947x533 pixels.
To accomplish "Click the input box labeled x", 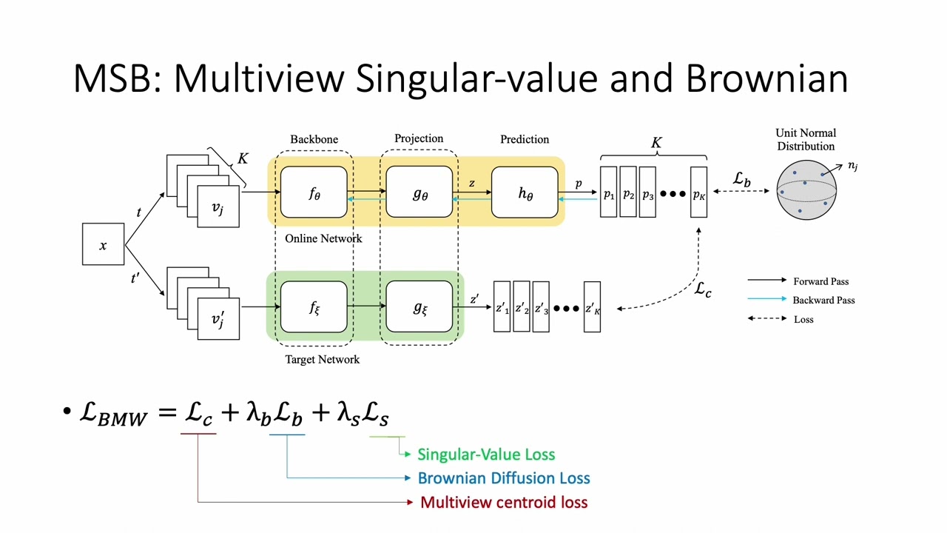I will click(x=103, y=244).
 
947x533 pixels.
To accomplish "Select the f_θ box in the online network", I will click(x=314, y=193).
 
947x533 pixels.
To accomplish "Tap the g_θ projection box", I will click(x=419, y=193).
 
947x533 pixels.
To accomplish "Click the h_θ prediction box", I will click(x=525, y=193).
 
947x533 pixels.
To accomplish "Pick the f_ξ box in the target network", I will click(x=314, y=307).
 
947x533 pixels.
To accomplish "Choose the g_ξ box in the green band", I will click(x=419, y=307).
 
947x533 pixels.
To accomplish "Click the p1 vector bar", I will click(x=608, y=193).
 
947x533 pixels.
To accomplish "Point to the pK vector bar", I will click(x=698, y=193).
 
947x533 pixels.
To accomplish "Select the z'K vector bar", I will click(x=592, y=307).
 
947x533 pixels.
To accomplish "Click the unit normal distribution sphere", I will click(x=806, y=190).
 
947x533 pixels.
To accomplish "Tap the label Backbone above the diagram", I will click(x=314, y=139).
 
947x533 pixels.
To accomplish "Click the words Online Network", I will click(x=323, y=238).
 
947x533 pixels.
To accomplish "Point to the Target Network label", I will click(x=322, y=359).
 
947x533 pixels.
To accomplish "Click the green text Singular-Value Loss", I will click(x=486, y=455).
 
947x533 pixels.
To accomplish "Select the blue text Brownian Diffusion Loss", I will click(x=504, y=478).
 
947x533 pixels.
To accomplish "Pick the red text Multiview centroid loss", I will click(x=504, y=503).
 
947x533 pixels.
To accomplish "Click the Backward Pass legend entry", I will click(x=823, y=300).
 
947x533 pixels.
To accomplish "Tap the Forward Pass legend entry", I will click(x=820, y=281).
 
